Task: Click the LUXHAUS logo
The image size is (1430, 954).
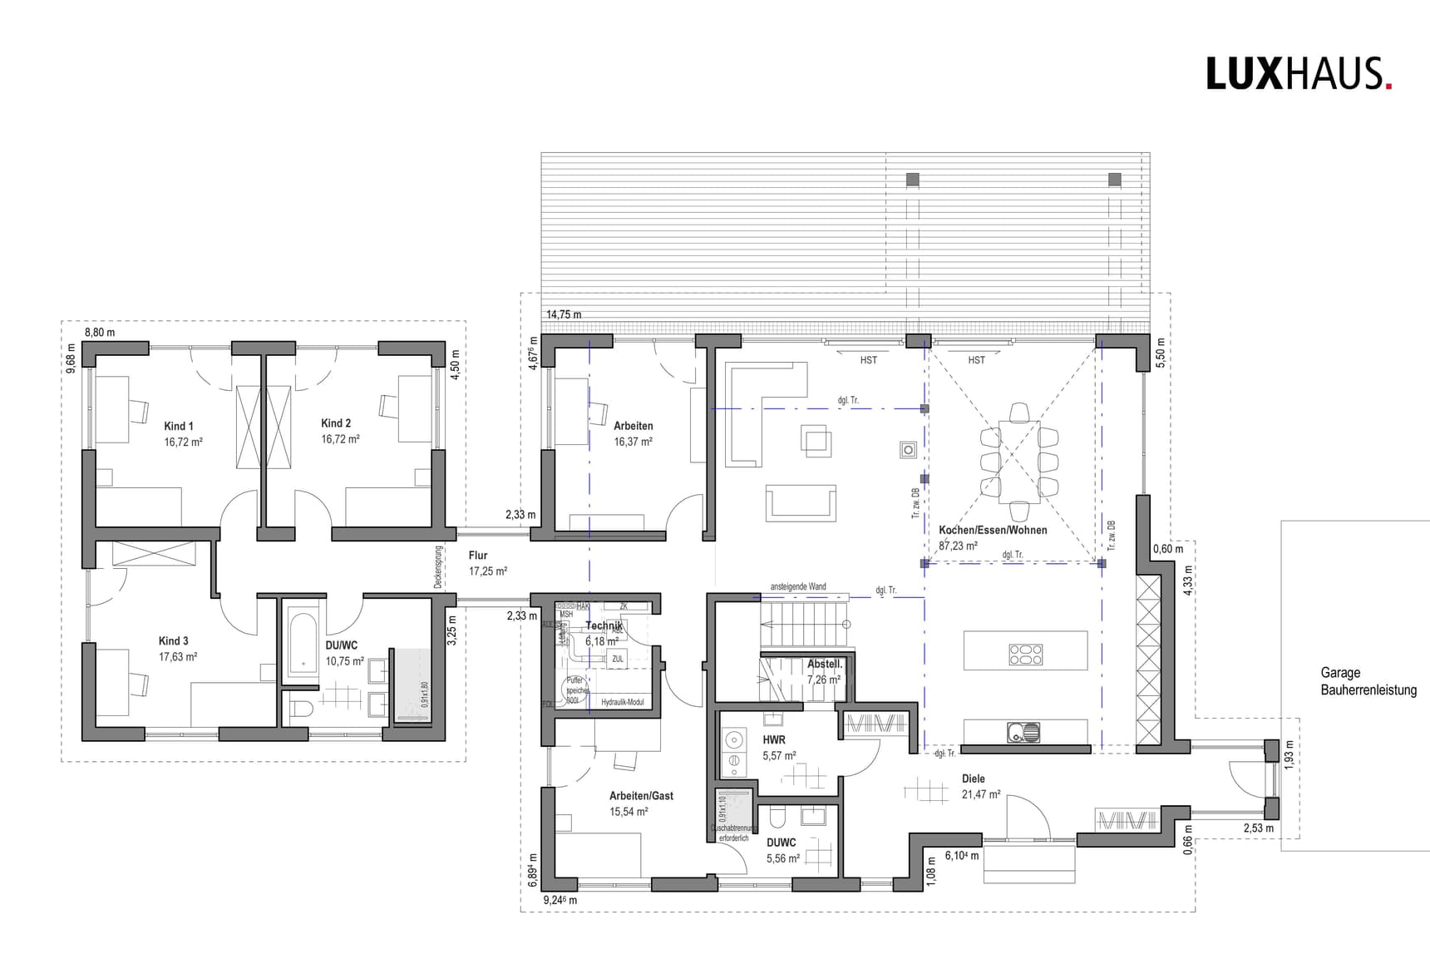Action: (1298, 74)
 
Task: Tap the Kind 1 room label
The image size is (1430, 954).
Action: (179, 426)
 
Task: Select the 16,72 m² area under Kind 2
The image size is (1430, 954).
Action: (340, 439)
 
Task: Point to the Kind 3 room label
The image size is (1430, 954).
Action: (174, 641)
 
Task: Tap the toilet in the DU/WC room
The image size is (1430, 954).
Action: (302, 709)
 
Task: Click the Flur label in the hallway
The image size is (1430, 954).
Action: (478, 556)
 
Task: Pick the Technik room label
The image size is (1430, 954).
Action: (604, 625)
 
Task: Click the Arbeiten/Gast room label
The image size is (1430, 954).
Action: (641, 796)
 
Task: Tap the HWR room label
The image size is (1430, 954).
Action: (773, 739)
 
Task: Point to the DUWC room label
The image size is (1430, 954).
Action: (781, 843)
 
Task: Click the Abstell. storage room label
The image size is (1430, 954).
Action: (825, 665)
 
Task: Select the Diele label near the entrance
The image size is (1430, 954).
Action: (973, 779)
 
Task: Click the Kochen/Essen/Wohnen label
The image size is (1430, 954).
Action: (993, 530)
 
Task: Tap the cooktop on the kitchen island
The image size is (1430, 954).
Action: (1025, 655)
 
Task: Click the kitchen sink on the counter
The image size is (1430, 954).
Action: (1023, 733)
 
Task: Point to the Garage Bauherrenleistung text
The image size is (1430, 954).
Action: (1368, 681)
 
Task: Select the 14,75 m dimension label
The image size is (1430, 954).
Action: (564, 315)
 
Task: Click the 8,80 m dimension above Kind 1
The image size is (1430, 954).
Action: (100, 332)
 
